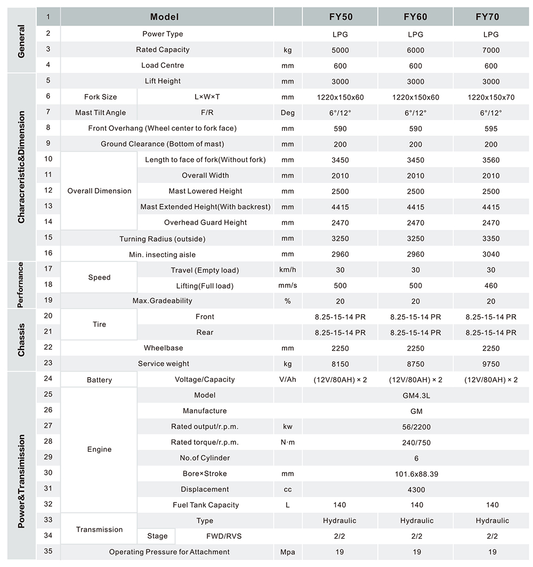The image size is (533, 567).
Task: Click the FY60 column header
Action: point(415,17)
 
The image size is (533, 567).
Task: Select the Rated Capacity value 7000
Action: point(490,50)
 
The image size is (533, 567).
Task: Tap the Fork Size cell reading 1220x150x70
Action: point(490,97)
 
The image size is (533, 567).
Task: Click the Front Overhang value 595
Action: point(490,129)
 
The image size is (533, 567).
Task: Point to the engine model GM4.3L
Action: point(416,395)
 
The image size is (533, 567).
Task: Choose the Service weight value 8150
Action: point(340,364)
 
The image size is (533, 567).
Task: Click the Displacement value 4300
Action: point(416,490)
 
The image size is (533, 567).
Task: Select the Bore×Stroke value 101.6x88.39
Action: point(416,474)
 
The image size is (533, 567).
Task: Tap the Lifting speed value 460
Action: point(490,286)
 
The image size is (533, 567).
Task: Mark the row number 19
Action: point(49,300)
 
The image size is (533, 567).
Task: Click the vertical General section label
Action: point(21,41)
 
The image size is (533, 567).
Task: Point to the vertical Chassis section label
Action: point(21,340)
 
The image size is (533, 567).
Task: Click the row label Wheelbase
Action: point(163,348)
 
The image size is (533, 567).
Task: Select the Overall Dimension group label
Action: point(99,191)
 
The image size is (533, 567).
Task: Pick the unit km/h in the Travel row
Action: point(288,270)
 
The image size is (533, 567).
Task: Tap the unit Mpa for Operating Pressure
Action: point(288,552)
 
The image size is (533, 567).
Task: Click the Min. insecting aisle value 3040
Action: point(490,254)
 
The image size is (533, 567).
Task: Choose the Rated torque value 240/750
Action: point(416,442)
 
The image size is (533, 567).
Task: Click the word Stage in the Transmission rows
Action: point(157,536)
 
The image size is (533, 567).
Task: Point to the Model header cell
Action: point(164,17)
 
